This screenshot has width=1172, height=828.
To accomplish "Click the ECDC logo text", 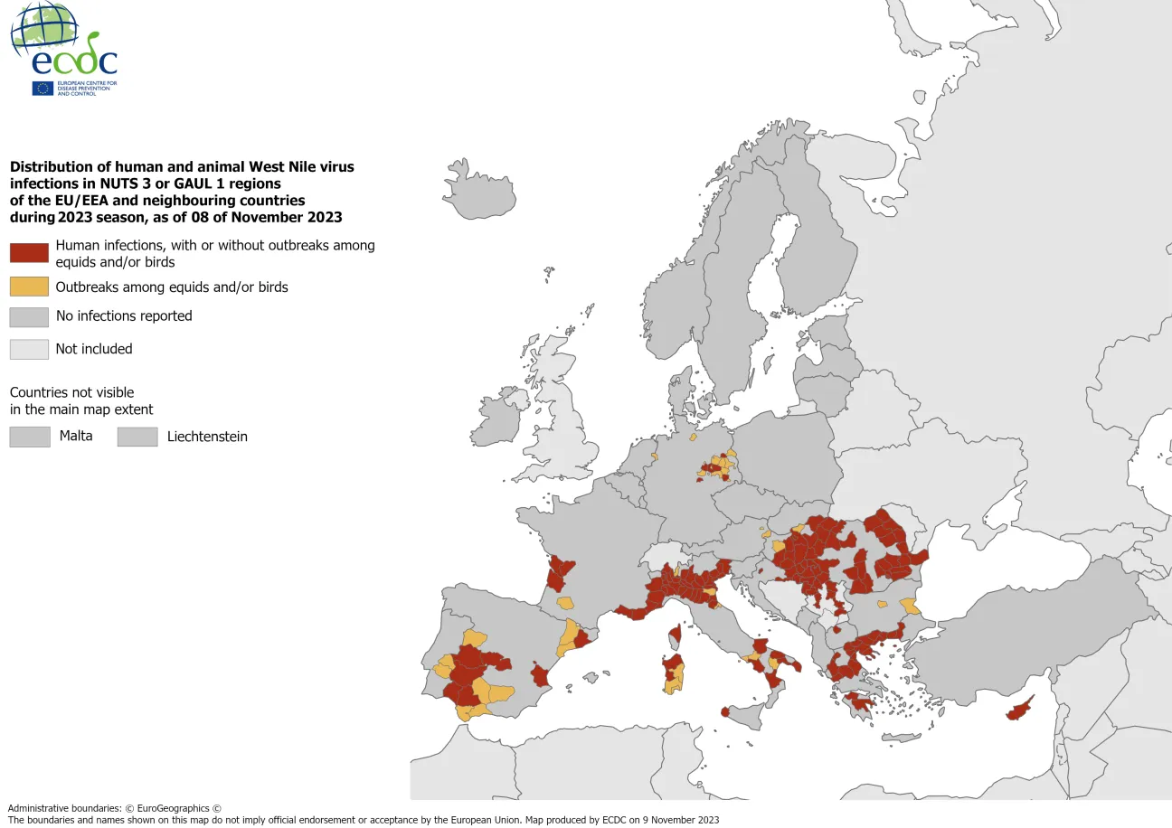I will click(x=74, y=61).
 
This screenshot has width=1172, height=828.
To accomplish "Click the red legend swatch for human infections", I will click(x=29, y=253).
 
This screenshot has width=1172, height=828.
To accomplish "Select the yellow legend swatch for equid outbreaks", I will click(x=29, y=287).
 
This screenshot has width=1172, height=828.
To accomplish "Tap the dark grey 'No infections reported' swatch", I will click(x=29, y=316).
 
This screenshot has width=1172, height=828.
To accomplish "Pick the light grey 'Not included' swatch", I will click(x=29, y=349).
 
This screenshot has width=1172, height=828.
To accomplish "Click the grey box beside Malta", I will click(x=29, y=437).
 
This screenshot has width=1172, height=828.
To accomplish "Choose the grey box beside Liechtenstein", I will click(x=137, y=437).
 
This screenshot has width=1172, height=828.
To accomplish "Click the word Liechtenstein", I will click(x=207, y=437).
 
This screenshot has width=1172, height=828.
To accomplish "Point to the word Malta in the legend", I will click(x=76, y=437).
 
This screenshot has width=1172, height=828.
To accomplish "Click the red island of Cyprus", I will click(x=1020, y=710).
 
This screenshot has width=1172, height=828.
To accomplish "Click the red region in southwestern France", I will click(x=561, y=571).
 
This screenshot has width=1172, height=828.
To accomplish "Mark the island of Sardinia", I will click(x=674, y=673).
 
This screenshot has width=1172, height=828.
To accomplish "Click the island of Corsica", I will click(x=674, y=635).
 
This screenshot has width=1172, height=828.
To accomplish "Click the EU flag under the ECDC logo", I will click(x=43, y=88).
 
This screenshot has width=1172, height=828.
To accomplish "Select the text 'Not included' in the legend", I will click(x=94, y=349).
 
